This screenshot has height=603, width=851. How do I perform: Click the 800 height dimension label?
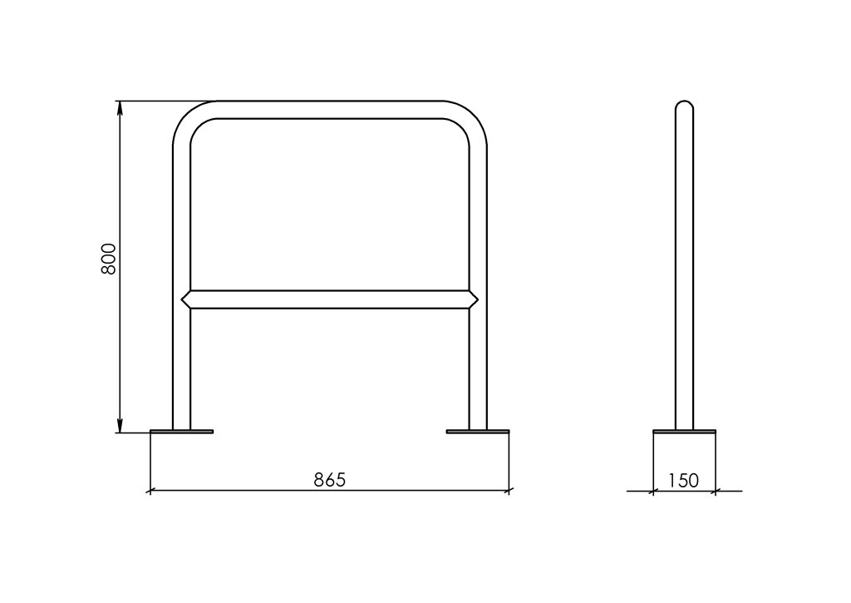click(x=109, y=259)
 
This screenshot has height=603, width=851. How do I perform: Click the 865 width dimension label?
click(x=329, y=480)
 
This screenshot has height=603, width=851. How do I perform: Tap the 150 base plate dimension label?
click(x=683, y=480)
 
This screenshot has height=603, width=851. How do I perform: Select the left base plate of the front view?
click(x=181, y=432)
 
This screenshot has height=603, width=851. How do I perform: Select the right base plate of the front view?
click(x=478, y=432)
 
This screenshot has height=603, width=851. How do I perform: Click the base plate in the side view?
click(x=685, y=432)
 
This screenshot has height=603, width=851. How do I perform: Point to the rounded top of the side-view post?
click(x=685, y=104)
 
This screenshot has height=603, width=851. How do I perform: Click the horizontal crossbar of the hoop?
click(x=329, y=299)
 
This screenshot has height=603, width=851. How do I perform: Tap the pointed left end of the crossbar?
click(x=182, y=299)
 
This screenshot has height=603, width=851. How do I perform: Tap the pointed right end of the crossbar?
click(x=478, y=299)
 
